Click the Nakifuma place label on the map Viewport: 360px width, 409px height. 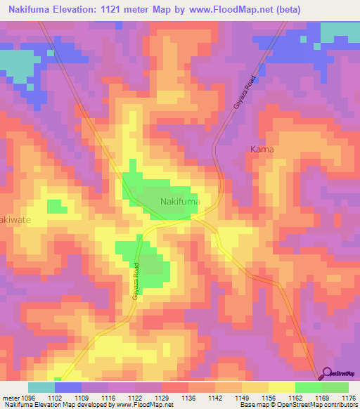(181, 202)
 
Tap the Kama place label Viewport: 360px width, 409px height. (262, 150)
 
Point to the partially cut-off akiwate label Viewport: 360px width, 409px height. (13, 219)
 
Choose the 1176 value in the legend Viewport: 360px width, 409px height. (349, 398)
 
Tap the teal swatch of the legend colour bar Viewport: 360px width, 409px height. (41, 387)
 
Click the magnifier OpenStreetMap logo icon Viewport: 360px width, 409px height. (326, 374)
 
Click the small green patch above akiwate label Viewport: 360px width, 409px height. (55, 205)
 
